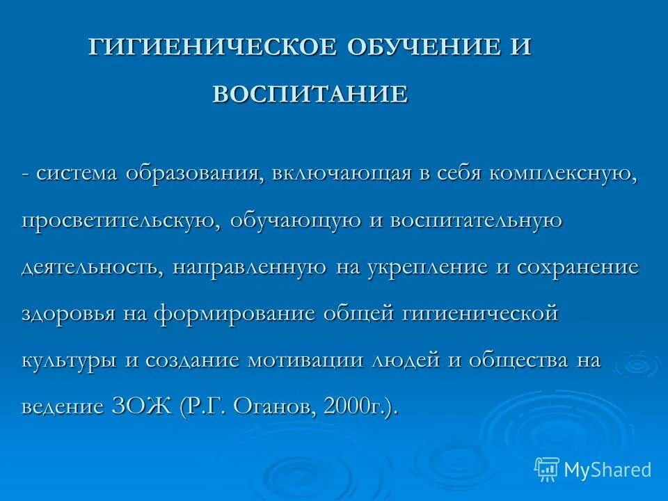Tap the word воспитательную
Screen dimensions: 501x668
476,221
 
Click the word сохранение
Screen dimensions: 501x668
577,268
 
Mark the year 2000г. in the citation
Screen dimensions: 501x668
355,406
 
